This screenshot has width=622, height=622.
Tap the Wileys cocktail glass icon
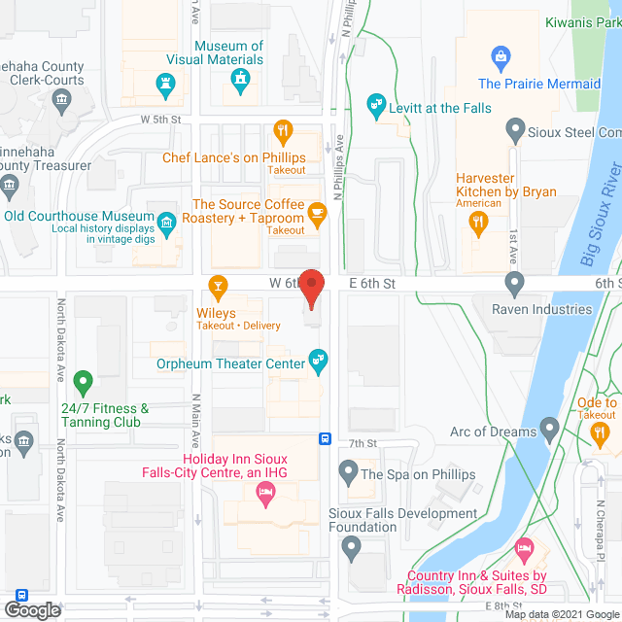[x=219, y=286]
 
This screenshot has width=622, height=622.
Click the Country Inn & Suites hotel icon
[x=525, y=550]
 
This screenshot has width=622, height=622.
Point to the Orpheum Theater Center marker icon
[x=317, y=362]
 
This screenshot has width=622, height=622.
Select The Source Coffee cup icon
[x=317, y=211]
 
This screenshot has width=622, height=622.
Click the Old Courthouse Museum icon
[x=166, y=223]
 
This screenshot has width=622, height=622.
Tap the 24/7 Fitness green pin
[x=85, y=382]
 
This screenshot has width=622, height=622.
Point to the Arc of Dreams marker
[x=550, y=428]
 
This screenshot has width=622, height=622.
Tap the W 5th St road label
[x=161, y=120]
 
